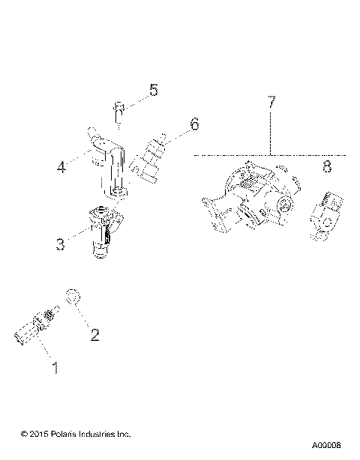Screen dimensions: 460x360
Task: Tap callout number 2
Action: pos(95,334)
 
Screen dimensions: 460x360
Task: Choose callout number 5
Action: pos(154,91)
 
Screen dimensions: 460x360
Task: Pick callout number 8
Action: pos(327,167)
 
